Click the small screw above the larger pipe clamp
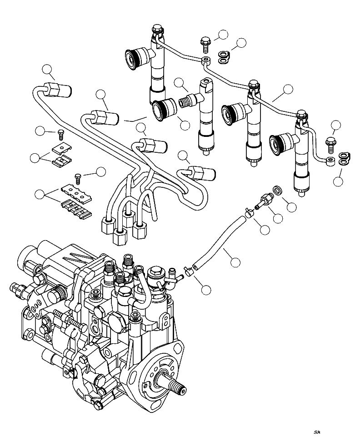point(78,176)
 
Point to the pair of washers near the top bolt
point(222,56)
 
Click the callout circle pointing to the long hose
point(235,262)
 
